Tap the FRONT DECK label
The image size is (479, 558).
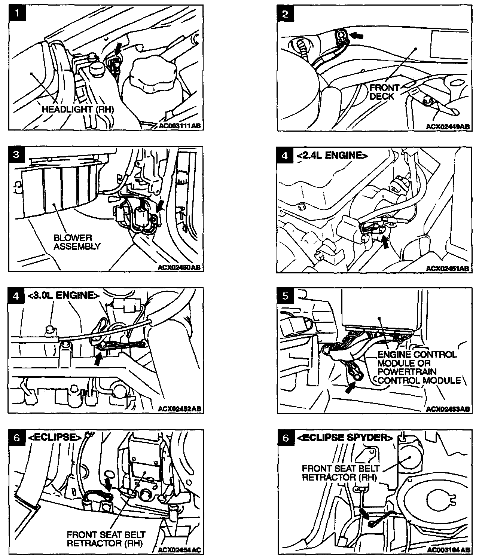pos(384,92)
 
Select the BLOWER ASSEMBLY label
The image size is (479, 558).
pos(77,242)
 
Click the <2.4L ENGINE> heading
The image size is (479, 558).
pos(332,155)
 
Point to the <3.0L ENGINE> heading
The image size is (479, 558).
pos(63,295)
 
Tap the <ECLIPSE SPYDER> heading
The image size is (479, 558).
pos(345,438)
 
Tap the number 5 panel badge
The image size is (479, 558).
pos(286,296)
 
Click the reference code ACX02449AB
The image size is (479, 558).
pos(448,127)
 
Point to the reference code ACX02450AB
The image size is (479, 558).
pos(179,267)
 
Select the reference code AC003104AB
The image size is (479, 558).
pos(448,550)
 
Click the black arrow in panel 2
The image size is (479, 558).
pos(358,36)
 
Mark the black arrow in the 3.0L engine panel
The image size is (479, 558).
pos(98,359)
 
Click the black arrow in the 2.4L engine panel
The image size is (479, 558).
pos(385,242)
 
